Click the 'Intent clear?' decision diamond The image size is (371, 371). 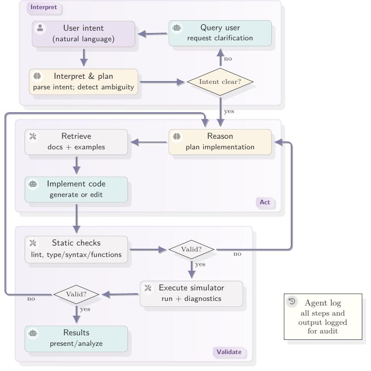click(220, 82)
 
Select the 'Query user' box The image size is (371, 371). click(220, 33)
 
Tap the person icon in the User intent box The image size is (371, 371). click(40, 28)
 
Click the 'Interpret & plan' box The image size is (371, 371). click(83, 82)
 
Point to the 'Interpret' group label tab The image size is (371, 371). click(44, 7)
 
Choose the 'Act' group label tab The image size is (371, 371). click(265, 202)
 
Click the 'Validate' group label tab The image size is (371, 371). click(228, 352)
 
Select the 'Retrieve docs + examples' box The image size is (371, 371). click(76, 142)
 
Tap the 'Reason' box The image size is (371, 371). click(220, 142)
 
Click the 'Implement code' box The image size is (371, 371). click(76, 189)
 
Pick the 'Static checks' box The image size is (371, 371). click(76, 249)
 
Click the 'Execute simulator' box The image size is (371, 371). click(191, 294)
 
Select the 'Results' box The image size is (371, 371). click(76, 338)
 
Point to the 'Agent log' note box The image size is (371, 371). click(323, 317)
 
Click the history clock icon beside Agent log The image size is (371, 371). click(292, 301)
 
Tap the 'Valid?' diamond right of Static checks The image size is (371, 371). click(191, 250)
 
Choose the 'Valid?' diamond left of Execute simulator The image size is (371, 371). click(76, 294)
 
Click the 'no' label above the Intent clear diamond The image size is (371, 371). click(228, 59)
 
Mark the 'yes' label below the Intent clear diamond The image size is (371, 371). click(229, 111)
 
